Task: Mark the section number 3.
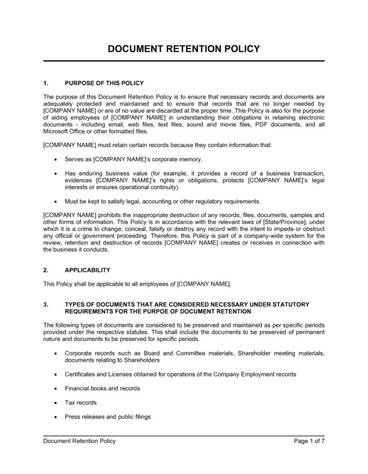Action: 46,305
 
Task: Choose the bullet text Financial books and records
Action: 103,388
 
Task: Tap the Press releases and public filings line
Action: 108,417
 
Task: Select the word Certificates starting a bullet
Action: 82,375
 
